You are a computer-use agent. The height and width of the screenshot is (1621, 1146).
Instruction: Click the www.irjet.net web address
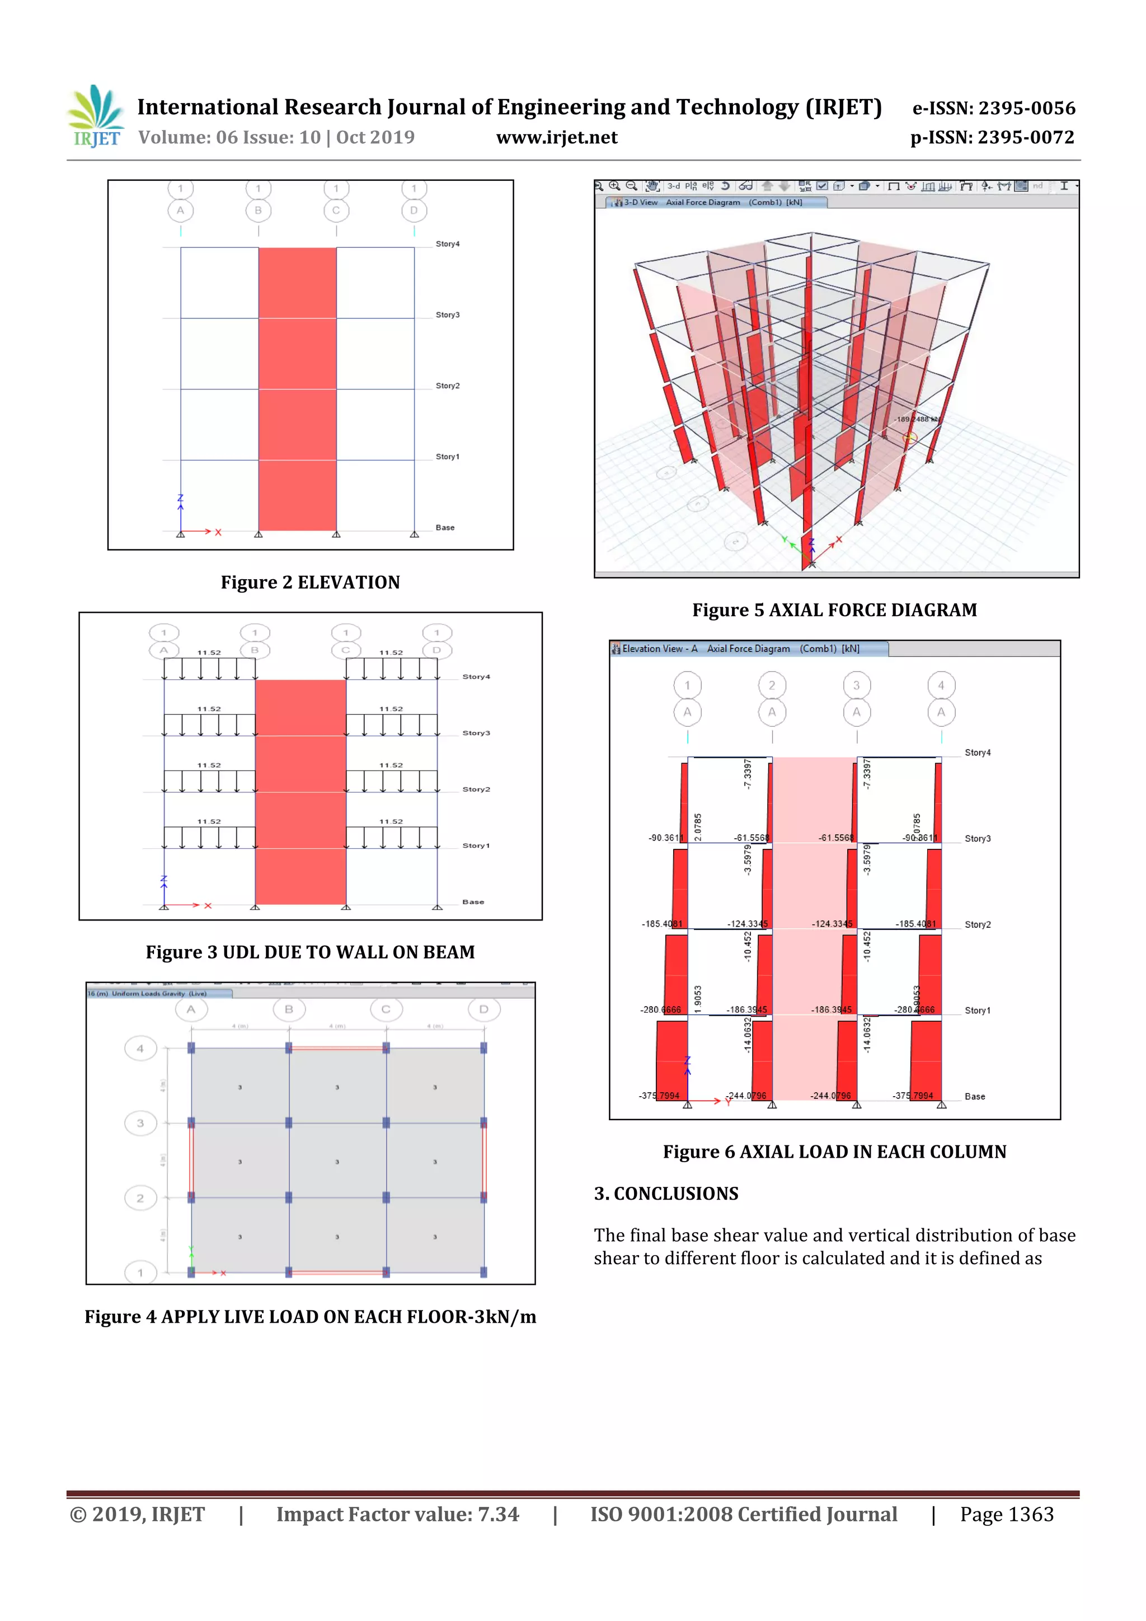pos(556,138)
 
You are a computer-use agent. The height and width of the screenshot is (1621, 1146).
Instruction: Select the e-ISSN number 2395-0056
pos(993,108)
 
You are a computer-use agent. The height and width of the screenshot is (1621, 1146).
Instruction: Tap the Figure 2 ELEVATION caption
pos(310,582)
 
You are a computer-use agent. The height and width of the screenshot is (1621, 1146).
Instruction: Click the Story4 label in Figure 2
pos(447,245)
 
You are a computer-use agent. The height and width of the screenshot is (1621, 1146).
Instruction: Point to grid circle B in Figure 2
pos(259,210)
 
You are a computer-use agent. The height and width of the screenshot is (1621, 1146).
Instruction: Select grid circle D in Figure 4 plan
pos(483,1009)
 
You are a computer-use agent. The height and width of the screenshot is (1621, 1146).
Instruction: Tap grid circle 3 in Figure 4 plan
pos(140,1122)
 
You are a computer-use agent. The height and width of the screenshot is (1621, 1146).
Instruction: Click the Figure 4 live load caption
pos(310,1317)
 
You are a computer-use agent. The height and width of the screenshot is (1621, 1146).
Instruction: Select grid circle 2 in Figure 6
pos(772,685)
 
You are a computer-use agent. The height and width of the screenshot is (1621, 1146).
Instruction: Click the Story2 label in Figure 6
pos(977,925)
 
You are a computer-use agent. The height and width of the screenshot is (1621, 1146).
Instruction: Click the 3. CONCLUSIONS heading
pos(666,1194)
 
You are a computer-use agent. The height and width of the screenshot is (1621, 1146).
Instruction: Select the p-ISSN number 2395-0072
pos(992,138)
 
